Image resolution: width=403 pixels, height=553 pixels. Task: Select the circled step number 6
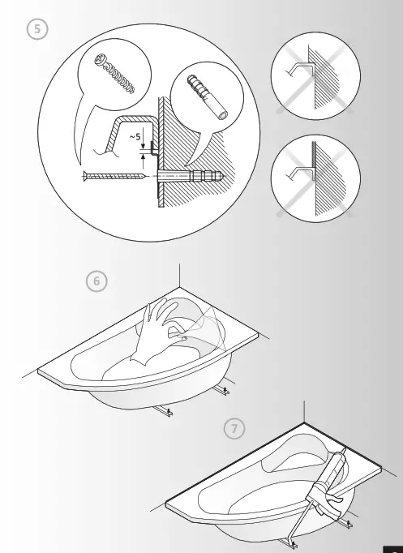point(96,281)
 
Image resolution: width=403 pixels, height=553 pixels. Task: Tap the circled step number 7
point(234,428)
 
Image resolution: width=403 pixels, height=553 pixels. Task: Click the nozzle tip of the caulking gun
point(345,447)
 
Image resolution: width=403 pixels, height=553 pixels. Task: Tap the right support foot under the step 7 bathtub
point(349,524)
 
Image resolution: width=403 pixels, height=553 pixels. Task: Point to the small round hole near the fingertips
point(184,337)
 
